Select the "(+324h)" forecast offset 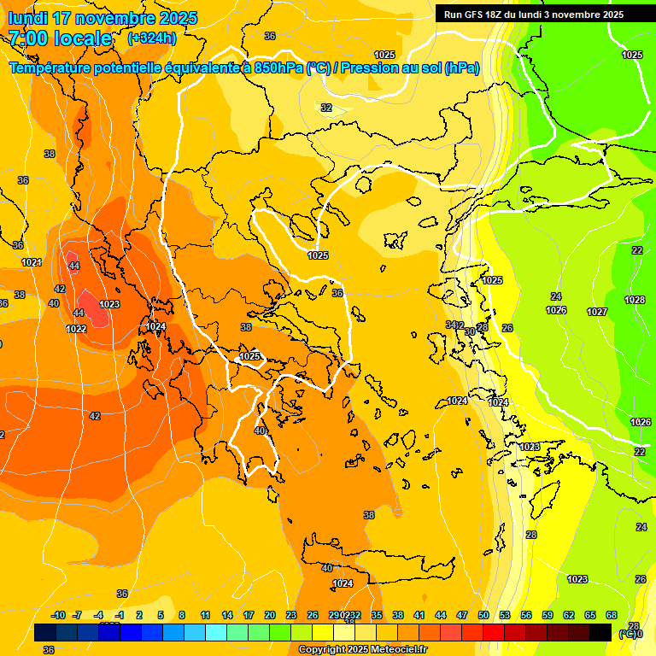pos(152,38)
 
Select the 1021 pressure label pos(32,262)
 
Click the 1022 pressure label pos(76,329)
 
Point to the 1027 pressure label pos(597,312)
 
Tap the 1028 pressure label pos(634,300)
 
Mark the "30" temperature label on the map pos(470,331)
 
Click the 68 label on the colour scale pos(612,615)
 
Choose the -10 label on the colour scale pos(58,615)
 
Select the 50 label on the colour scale pos(483,615)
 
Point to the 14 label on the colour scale pos(227,615)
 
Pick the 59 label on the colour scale pos(548,615)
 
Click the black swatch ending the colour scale pos(600,632)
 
